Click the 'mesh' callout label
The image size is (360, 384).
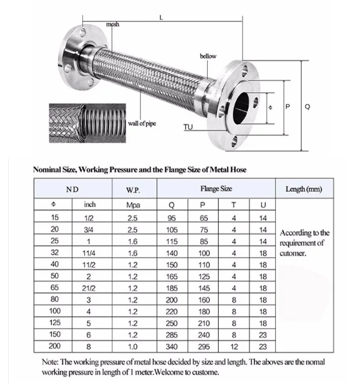click(x=113, y=24)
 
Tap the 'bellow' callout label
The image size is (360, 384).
click(x=208, y=56)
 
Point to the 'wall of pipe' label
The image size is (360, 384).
click(x=142, y=124)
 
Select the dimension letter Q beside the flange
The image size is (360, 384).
click(x=307, y=107)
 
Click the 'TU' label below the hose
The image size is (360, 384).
click(x=188, y=127)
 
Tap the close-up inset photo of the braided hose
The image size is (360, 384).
click(x=87, y=123)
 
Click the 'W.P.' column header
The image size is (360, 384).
click(x=133, y=190)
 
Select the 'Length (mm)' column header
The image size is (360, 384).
click(x=303, y=189)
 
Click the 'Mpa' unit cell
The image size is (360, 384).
click(x=133, y=205)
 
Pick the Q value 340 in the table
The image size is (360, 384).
click(x=172, y=346)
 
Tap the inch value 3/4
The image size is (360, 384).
click(x=90, y=229)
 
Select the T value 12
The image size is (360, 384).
click(x=234, y=346)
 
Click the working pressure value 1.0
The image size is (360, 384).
click(x=133, y=346)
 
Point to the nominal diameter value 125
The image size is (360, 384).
click(x=55, y=323)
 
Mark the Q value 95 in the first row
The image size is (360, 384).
click(x=172, y=217)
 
